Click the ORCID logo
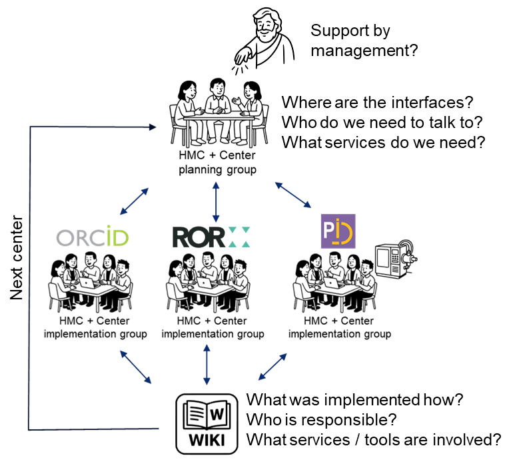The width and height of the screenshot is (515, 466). pyautogui.click(x=92, y=238)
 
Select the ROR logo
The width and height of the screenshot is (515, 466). pyautogui.click(x=211, y=237)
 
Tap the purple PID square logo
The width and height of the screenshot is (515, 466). pyautogui.click(x=338, y=231)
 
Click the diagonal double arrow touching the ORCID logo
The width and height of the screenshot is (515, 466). pyautogui.click(x=134, y=201)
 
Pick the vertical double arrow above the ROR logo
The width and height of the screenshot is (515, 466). pyautogui.click(x=215, y=201)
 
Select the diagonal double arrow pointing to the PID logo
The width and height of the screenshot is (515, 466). pyautogui.click(x=293, y=195)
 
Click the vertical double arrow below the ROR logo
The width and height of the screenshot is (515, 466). pyautogui.click(x=207, y=364)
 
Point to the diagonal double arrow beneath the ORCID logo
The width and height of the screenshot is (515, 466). pyautogui.click(x=135, y=367)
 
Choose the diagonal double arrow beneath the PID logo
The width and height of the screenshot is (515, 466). pyautogui.click(x=272, y=367)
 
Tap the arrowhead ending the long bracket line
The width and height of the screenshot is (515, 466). pyautogui.click(x=153, y=127)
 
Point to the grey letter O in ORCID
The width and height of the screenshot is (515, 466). pyautogui.click(x=65, y=238)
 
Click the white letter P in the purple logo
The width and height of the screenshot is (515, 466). pyautogui.click(x=329, y=230)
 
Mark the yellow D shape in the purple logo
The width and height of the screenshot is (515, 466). pyautogui.click(x=346, y=233)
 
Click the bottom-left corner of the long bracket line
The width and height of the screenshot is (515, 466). pyautogui.click(x=29, y=429)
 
